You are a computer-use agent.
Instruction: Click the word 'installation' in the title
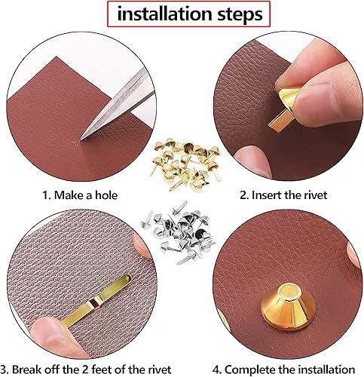pos(164,14)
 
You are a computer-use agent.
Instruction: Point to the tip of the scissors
pos(81,139)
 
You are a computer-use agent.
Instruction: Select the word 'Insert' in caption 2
pos(267,195)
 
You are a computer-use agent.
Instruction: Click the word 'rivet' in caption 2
pos(316,195)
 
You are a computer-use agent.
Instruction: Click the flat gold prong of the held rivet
pos(278,121)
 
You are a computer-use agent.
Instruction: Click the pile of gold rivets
pos(185,163)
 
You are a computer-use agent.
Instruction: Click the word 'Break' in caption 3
pos(28,370)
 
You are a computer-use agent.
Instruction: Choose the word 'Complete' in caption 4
pos(248,370)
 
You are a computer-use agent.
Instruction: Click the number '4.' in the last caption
pos(217,370)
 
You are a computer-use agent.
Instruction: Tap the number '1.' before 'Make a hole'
pos(47,195)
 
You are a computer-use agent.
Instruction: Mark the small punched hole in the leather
pos(75,142)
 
